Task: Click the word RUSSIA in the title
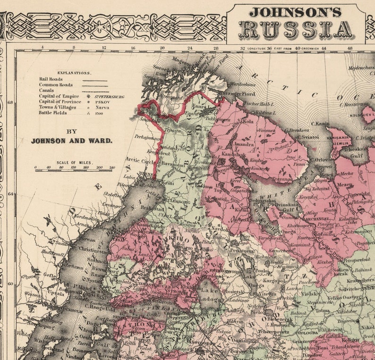pyautogui.click(x=296, y=29)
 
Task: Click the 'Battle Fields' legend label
pyautogui.click(x=53, y=113)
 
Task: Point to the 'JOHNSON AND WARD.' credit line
pyautogui.click(x=71, y=141)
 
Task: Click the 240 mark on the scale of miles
pyautogui.click(x=111, y=167)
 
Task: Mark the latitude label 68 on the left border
pyautogui.click(x=10, y=103)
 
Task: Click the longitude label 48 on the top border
pyautogui.click(x=349, y=48)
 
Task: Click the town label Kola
pyautogui.click(x=248, y=121)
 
